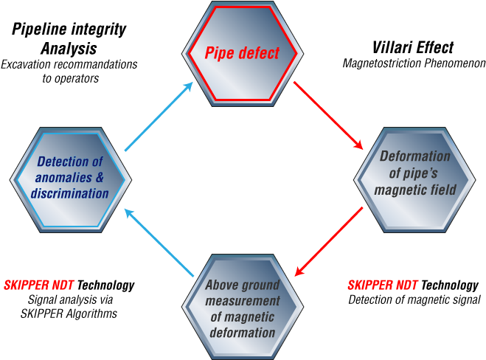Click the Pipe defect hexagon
[x=242, y=53]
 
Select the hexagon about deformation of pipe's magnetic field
[x=415, y=177]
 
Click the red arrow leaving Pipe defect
[x=329, y=114]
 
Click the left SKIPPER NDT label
[x=39, y=285]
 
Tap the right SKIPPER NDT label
[x=383, y=285]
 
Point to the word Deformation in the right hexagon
[x=414, y=156]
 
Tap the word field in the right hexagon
[x=442, y=190]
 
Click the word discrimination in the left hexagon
[x=70, y=194]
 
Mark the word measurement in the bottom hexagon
[x=243, y=301]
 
